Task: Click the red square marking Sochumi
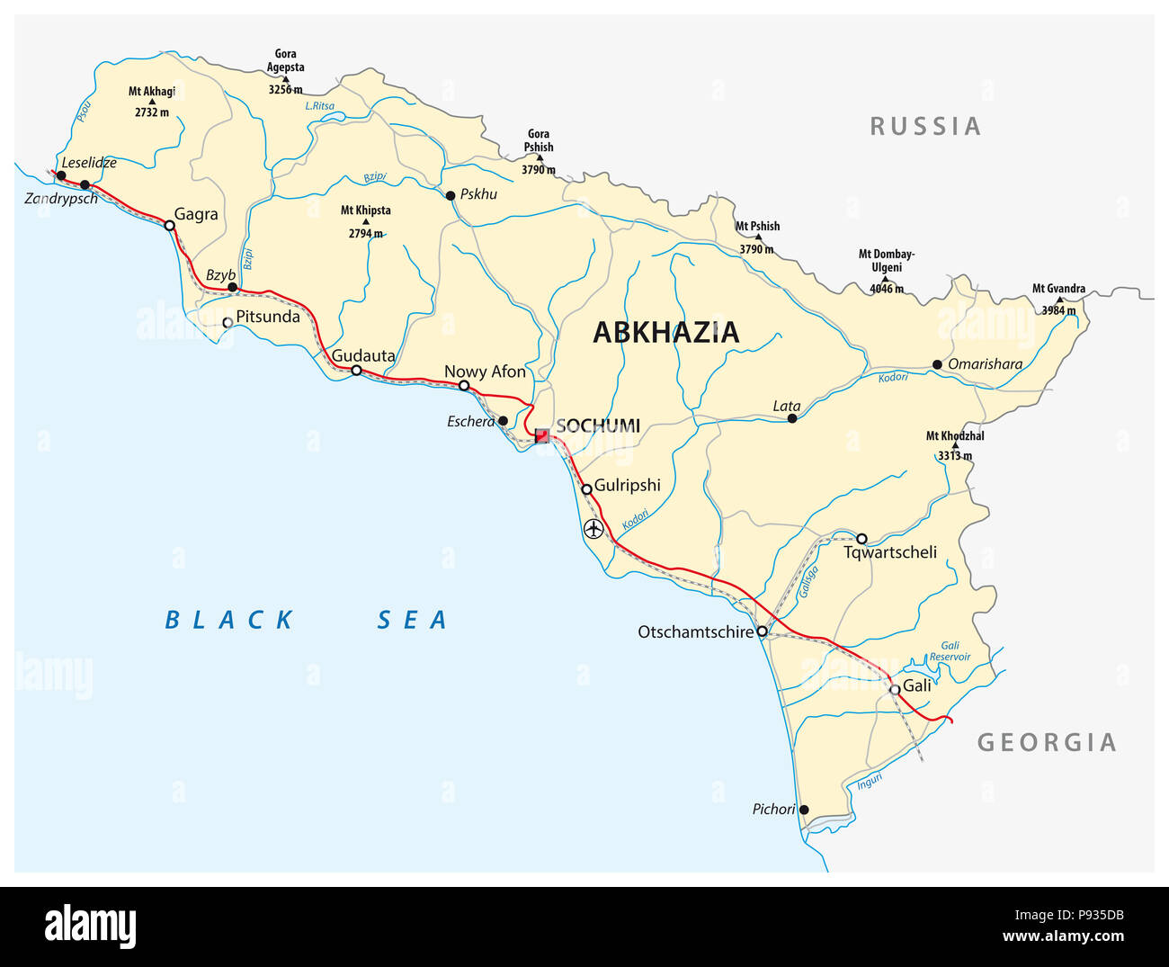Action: pos(541,435)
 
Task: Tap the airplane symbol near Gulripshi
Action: pos(593,529)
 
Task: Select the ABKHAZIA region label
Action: pos(665,333)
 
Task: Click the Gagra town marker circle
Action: pos(169,226)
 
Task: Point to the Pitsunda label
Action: pos(267,317)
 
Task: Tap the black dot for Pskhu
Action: pos(451,195)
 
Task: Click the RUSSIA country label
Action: pos(924,127)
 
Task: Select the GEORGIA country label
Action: pos(1047,742)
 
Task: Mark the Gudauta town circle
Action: pos(356,371)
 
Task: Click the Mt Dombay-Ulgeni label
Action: pos(886,261)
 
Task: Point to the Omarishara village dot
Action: pos(937,364)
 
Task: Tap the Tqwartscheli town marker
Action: pos(861,539)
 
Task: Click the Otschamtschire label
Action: pos(695,632)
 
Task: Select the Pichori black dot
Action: pos(804,810)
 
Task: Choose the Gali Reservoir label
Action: pos(950,651)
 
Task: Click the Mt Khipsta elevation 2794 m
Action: pos(365,234)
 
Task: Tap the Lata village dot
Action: pos(792,418)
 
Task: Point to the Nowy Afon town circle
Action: pos(464,386)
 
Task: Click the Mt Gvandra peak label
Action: pos(1058,289)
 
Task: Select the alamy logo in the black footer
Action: pos(90,927)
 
